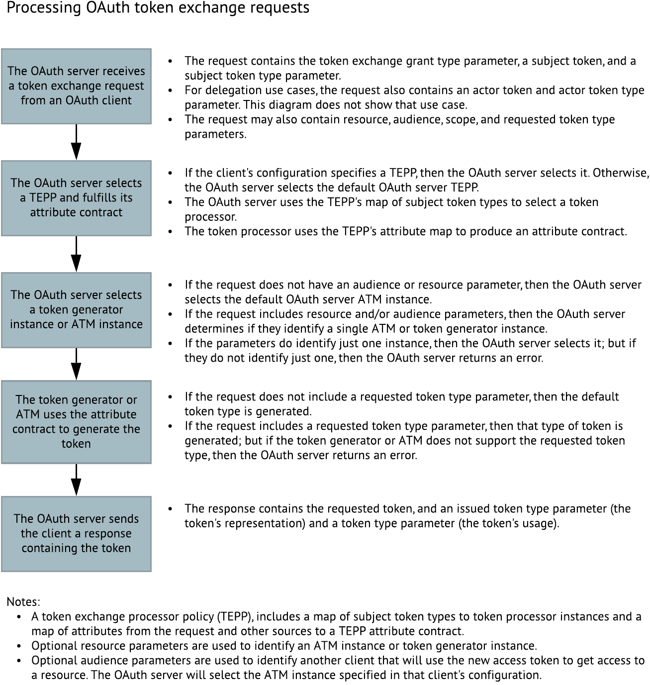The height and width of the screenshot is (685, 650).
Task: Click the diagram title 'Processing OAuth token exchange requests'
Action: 158,8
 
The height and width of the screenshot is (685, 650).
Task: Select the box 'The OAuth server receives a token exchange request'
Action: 76,86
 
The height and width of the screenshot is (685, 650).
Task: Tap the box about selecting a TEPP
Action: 76,198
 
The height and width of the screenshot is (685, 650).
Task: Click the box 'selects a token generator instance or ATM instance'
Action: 76,310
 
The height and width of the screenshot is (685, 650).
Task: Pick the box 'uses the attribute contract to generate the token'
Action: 76,422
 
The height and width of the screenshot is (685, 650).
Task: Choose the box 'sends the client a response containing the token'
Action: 76,534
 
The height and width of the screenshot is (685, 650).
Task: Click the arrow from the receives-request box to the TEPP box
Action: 76,142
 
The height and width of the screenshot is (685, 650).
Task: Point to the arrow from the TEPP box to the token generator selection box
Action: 76,254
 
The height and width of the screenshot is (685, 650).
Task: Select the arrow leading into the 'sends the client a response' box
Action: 76,480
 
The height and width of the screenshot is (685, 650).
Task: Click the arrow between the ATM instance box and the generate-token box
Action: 76,364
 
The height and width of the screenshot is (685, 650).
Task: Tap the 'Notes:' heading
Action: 23,601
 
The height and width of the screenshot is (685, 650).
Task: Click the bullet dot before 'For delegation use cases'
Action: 171,91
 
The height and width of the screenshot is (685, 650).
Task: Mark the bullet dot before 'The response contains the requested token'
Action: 171,509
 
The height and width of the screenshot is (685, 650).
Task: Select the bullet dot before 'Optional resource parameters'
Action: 19,647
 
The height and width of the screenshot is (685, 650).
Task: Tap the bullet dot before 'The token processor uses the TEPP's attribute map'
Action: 171,232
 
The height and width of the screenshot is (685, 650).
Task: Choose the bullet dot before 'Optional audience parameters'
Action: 19,661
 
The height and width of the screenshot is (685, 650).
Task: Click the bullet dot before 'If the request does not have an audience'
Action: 171,286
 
